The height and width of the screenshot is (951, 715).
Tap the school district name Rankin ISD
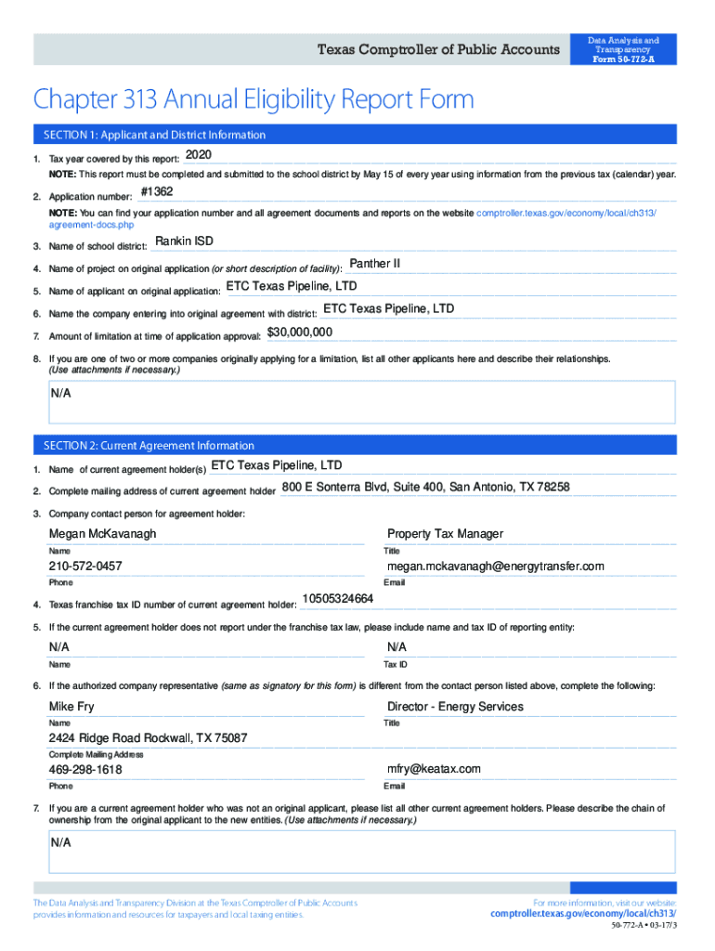(184, 241)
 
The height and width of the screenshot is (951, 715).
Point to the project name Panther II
(374, 264)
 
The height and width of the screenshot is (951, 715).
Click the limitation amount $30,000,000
(300, 332)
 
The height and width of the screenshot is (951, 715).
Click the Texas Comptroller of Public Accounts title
(439, 50)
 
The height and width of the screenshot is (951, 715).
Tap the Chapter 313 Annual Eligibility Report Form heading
(253, 99)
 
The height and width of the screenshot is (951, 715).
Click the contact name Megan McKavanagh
(103, 534)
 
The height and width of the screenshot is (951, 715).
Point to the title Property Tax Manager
(445, 534)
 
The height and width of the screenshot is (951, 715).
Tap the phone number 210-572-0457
(85, 567)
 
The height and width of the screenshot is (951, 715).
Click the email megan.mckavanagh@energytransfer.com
(496, 567)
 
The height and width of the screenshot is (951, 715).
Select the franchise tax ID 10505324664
(338, 598)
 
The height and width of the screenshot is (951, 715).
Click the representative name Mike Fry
(71, 707)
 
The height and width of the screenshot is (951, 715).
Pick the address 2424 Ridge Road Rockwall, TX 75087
(149, 738)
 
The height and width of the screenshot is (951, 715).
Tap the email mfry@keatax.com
(434, 769)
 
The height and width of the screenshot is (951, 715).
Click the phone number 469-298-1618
(85, 770)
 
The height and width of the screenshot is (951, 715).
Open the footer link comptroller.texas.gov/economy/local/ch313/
(583, 914)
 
